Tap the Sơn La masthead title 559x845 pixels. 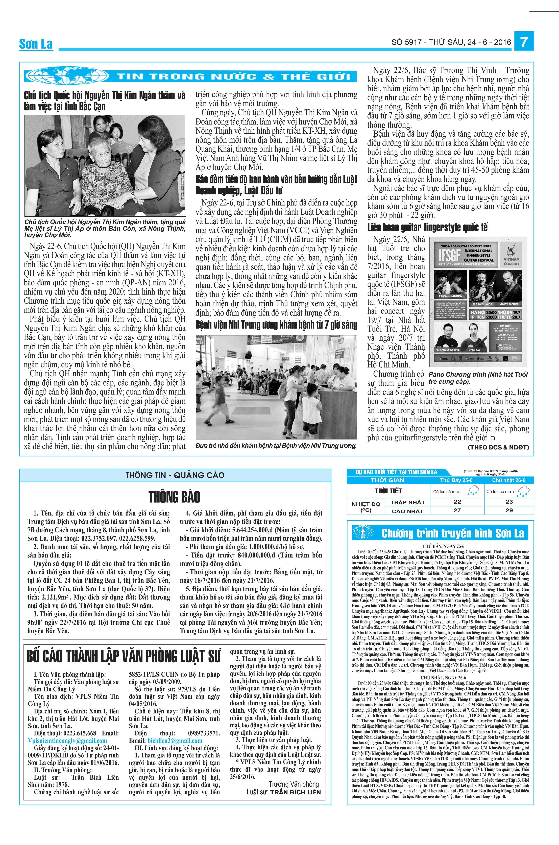click(x=36, y=44)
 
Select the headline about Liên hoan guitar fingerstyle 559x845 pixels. click(x=427, y=227)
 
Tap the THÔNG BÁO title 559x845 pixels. click(x=174, y=497)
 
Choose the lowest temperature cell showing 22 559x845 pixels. click(x=457, y=501)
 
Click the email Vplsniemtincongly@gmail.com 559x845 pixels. click(x=67, y=741)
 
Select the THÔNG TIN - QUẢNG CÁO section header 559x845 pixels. click(x=175, y=475)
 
